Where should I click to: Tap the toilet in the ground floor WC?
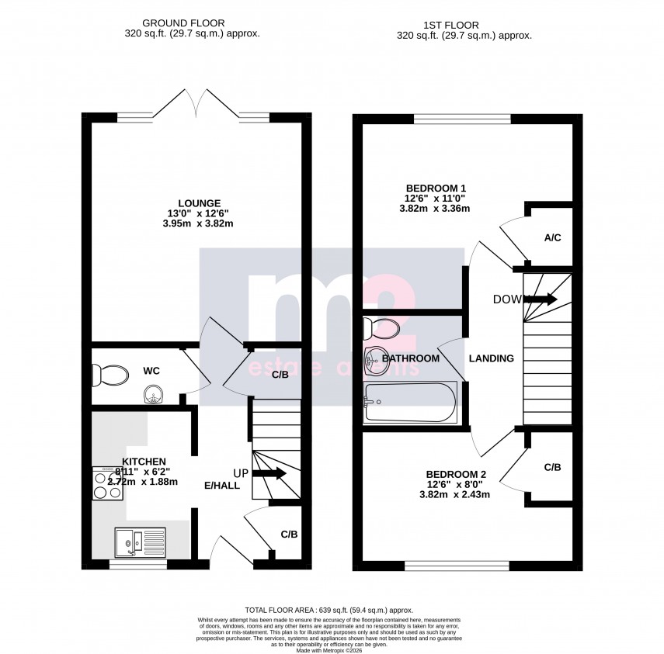click(110, 376)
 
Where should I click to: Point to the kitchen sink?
click(140, 542)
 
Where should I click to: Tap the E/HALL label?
click(222, 486)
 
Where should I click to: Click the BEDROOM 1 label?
click(436, 188)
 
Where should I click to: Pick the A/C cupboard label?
click(552, 237)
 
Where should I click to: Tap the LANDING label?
click(492, 358)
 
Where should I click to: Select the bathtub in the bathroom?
click(410, 403)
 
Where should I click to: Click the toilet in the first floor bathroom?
click(382, 328)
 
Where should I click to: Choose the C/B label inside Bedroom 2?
click(552, 468)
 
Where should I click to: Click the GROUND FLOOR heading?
click(191, 23)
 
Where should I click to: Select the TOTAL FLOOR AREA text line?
click(330, 611)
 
